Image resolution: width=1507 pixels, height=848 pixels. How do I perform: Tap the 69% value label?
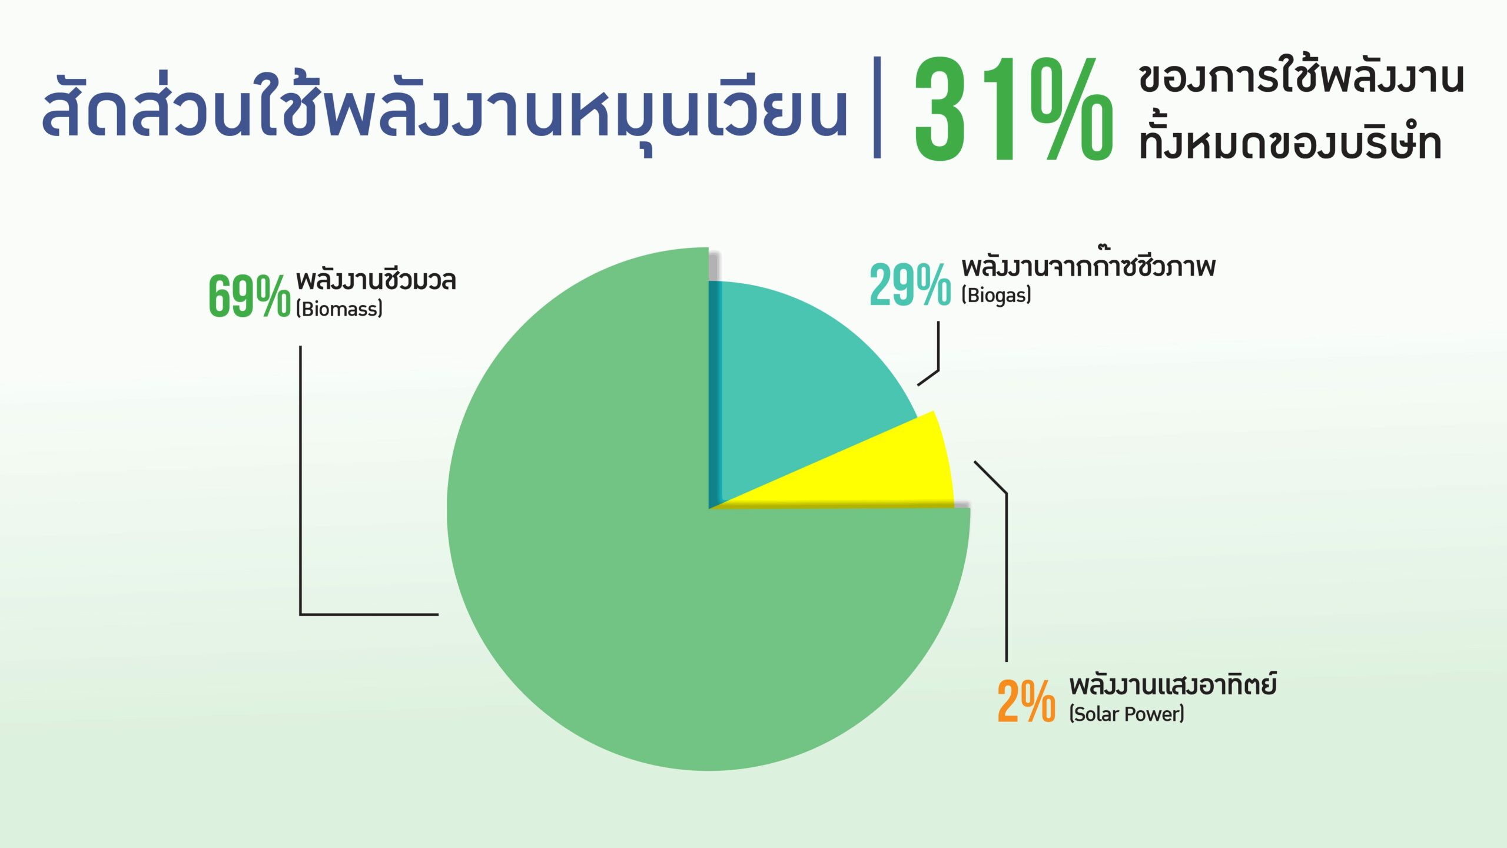(x=250, y=296)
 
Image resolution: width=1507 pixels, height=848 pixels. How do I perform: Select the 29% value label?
(x=910, y=285)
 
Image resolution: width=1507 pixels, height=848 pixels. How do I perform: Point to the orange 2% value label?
(x=1026, y=701)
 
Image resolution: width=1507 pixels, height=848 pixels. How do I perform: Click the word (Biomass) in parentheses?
(x=339, y=309)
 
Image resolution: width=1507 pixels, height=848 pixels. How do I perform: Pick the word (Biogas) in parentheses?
(x=996, y=294)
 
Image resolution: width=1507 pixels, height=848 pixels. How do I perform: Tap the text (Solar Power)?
(x=1127, y=714)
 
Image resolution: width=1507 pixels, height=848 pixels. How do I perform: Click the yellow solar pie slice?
(x=883, y=471)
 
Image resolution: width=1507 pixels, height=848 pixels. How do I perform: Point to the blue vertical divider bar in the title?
(x=877, y=107)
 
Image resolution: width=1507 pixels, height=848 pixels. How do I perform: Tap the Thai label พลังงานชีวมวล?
(x=376, y=280)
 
